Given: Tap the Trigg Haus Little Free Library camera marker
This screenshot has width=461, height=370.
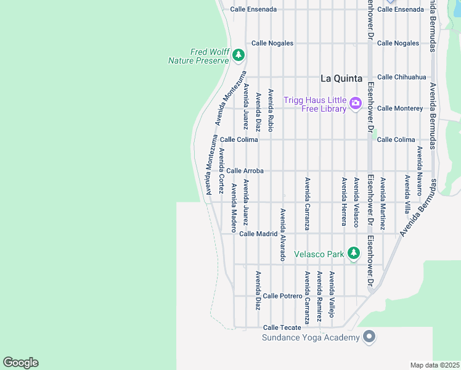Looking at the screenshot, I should tap(355, 103).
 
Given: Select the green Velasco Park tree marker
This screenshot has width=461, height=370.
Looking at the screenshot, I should tap(353, 253).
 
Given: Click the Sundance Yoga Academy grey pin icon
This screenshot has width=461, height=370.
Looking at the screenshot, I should tap(369, 337).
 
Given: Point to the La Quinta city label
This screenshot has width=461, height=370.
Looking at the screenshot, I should tap(340, 78).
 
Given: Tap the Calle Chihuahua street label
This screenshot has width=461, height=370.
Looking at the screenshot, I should tap(401, 77).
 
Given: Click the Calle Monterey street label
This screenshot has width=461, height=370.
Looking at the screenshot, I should tap(399, 108).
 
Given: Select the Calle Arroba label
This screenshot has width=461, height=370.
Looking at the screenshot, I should tap(245, 171).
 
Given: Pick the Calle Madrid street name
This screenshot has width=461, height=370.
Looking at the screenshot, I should tap(258, 234).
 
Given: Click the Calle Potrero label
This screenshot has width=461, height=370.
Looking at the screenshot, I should tap(282, 296).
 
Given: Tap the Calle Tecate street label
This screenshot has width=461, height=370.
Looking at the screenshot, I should tap(282, 327).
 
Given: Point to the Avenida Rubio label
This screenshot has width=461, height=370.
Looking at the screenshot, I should tap(271, 112).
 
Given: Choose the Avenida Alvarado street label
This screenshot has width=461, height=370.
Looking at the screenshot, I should tap(283, 234).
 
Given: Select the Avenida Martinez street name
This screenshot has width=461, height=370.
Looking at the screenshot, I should tap(383, 203).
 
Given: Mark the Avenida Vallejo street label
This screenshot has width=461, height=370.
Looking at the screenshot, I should tap(332, 294).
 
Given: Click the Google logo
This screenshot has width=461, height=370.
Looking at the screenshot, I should tap(20, 363).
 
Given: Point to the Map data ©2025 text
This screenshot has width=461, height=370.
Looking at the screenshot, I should tap(434, 365).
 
